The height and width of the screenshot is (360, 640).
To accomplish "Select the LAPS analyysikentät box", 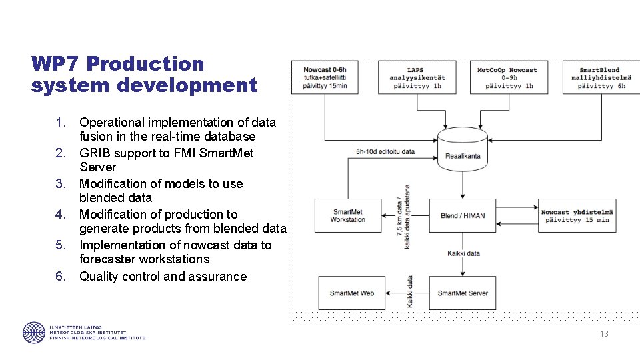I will (417, 77).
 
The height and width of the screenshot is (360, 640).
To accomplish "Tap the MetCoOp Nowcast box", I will (507, 77).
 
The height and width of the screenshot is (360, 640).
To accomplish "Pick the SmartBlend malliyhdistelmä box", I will (599, 77).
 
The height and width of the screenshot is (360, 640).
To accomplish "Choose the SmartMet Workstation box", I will (348, 215).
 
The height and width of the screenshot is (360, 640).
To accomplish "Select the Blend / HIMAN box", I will (463, 215).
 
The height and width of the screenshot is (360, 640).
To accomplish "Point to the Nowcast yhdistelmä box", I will (577, 215).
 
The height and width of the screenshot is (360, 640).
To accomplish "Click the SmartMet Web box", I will (352, 293).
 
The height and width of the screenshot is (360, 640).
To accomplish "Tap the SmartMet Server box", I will (463, 293).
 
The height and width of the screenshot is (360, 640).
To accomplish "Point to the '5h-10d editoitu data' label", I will (385, 152).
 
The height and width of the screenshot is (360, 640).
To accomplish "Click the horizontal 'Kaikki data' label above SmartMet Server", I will (463, 253).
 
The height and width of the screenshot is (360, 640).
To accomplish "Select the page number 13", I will (604, 334).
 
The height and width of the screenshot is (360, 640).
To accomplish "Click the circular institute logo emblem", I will (34, 332).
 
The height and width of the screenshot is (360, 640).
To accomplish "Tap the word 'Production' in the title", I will (145, 64).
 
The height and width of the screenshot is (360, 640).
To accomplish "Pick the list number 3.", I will (60, 184).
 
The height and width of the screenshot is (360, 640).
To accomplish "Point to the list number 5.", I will (60, 245).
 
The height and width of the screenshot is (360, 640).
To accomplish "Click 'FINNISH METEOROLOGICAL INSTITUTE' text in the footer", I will (97, 338).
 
